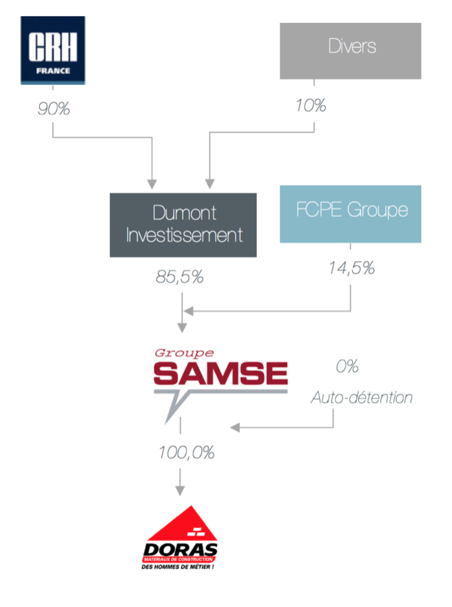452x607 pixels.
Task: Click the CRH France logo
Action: pyautogui.click(x=53, y=50)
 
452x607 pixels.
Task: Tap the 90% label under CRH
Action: pyautogui.click(x=53, y=109)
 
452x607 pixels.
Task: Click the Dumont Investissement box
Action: pyautogui.click(x=183, y=225)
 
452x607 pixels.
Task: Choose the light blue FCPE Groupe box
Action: pyautogui.click(x=350, y=213)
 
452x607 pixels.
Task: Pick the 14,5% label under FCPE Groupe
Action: pyautogui.click(x=351, y=268)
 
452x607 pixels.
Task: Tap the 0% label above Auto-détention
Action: pyautogui.click(x=347, y=367)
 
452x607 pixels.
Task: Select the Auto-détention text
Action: pyautogui.click(x=362, y=398)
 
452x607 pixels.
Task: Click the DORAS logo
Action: pyautogui.click(x=181, y=540)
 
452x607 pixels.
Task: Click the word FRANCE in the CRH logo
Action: pyautogui.click(x=53, y=70)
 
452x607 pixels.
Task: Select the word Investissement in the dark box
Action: pyautogui.click(x=184, y=236)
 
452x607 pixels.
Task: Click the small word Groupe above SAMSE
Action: pyautogui.click(x=184, y=353)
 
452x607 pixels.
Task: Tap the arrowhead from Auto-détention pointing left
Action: pyautogui.click(x=235, y=428)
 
